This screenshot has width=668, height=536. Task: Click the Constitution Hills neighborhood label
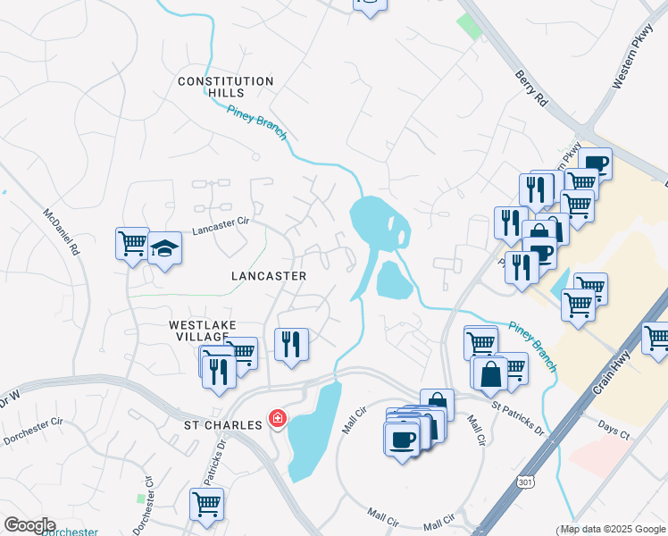pos(225,88)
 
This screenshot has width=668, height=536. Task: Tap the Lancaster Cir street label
pos(220,227)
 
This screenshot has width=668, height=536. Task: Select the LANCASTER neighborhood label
pos(268,276)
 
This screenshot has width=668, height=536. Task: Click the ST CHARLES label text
pos(223,424)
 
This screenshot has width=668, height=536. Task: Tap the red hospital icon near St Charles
pos(278,419)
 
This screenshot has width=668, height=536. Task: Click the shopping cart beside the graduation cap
pos(132,242)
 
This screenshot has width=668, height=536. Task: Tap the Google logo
pos(29,525)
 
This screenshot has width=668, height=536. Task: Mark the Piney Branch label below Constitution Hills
pos(258,122)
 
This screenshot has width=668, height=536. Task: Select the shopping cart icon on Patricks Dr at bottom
pos(206,503)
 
